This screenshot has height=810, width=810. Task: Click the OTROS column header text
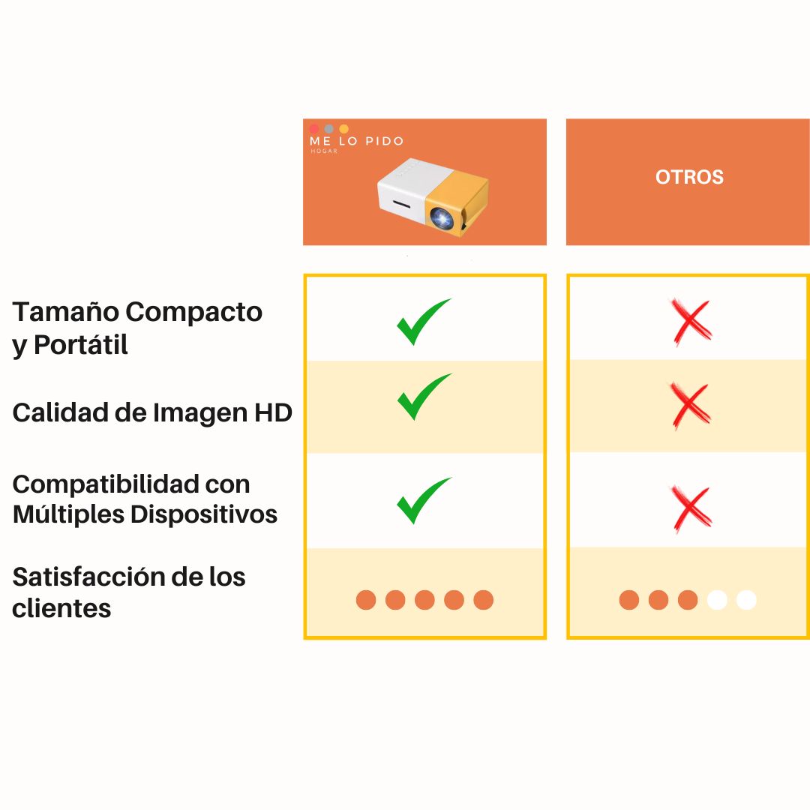(689, 177)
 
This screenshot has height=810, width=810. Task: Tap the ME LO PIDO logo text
(356, 141)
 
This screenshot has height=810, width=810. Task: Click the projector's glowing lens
(442, 217)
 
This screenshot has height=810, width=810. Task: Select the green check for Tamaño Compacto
(424, 321)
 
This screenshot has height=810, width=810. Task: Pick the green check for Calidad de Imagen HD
(424, 396)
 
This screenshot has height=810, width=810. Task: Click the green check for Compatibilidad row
(424, 500)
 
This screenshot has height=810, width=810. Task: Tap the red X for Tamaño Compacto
(691, 321)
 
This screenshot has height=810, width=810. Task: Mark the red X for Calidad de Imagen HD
(691, 406)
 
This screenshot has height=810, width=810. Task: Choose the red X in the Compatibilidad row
(691, 508)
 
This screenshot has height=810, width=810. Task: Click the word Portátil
(81, 344)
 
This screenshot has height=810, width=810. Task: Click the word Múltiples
(69, 514)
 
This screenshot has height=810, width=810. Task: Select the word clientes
(61, 608)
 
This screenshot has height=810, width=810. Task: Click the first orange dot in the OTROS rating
(628, 600)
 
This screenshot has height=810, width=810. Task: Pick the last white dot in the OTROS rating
(746, 600)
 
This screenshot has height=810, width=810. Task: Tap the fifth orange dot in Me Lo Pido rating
(483, 600)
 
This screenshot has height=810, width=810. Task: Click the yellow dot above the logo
(344, 128)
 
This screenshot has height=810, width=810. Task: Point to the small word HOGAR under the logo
(324, 151)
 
